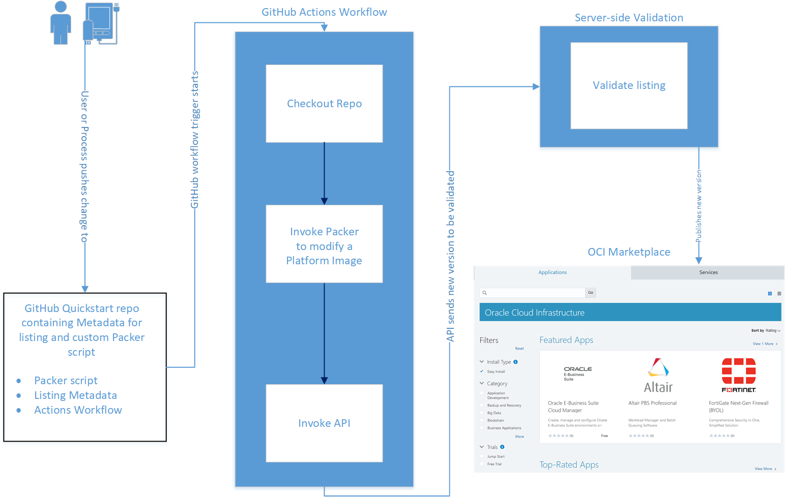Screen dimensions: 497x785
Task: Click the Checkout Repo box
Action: coord(324,104)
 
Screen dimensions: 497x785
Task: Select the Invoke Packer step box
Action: coord(324,244)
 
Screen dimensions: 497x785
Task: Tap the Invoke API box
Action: coord(324,423)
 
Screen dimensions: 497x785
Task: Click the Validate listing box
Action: coord(629,85)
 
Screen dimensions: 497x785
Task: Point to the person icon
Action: coord(61,23)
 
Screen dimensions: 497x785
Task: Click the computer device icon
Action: coord(101,23)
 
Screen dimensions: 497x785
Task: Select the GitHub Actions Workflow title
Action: coord(324,12)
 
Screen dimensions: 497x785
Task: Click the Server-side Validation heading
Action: coord(629,18)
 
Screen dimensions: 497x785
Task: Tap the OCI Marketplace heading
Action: coord(629,252)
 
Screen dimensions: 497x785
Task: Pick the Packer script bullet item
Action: coord(66,381)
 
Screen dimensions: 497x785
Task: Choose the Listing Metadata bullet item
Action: coord(75,395)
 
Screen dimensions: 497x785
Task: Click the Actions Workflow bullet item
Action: coord(78,410)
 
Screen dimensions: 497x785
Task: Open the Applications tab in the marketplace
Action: coord(553,272)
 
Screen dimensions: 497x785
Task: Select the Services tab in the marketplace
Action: coord(708,272)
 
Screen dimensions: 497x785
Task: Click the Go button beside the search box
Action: coord(590,293)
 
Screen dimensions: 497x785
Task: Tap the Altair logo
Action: coord(658,376)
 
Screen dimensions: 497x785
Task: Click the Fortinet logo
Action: coord(739,375)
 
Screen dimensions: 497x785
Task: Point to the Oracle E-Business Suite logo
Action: coord(577,374)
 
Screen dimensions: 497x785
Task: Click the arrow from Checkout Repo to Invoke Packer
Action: coord(324,173)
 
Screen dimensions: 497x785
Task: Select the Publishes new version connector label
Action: coord(699,206)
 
